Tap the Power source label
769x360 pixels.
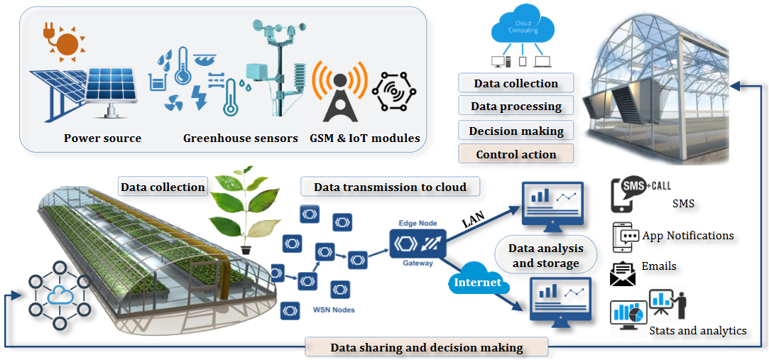102,138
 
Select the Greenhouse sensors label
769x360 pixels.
241,138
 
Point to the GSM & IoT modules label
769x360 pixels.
365,138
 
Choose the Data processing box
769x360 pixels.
516,107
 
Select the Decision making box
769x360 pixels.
516,131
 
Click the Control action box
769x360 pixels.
516,154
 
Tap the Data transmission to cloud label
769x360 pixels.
390,187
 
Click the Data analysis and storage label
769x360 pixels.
545,256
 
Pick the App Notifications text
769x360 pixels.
687,235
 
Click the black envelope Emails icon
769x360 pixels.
623,274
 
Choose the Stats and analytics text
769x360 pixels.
697,330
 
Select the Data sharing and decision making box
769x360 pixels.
427,348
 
